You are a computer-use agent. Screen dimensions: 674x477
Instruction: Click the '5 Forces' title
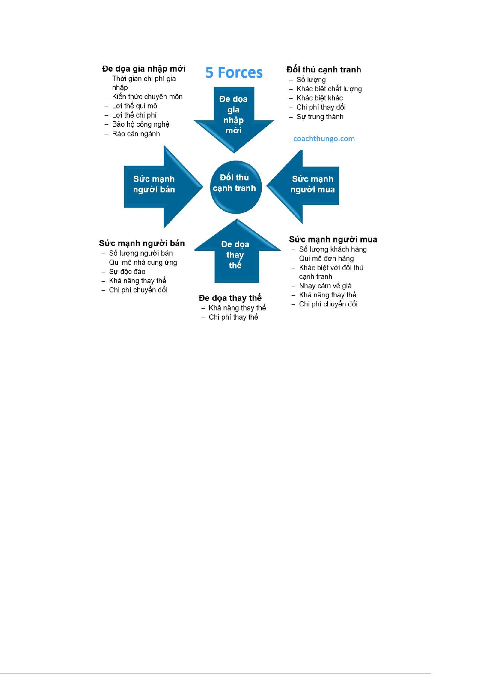click(x=234, y=73)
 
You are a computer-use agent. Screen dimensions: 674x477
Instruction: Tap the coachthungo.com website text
click(x=324, y=139)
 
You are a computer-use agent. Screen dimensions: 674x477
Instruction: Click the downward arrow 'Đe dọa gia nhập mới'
click(x=234, y=116)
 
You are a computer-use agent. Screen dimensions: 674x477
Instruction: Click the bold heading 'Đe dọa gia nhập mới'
click(x=144, y=69)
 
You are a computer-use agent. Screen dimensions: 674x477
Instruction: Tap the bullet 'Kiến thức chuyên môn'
click(x=147, y=97)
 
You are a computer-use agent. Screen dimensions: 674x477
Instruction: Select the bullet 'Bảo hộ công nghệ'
click(x=140, y=124)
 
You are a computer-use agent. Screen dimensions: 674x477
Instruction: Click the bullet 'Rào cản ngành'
click(x=136, y=134)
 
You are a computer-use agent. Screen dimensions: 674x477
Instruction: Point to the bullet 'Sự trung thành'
click(x=320, y=117)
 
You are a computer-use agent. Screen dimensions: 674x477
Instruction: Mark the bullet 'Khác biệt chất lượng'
click(x=329, y=89)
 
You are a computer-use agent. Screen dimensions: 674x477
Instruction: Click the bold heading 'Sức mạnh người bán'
click(x=142, y=243)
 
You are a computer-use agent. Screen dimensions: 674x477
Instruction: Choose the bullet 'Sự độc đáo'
click(x=127, y=272)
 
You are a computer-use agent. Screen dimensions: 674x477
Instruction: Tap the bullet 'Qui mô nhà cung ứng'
click(x=143, y=262)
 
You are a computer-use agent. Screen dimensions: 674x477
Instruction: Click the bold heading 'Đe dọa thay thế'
click(x=230, y=298)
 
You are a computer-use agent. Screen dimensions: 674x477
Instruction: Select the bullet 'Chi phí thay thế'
click(x=233, y=317)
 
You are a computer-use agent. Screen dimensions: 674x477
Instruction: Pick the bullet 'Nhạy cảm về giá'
click(x=325, y=286)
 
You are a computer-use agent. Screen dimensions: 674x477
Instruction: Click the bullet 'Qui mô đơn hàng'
click(x=326, y=258)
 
